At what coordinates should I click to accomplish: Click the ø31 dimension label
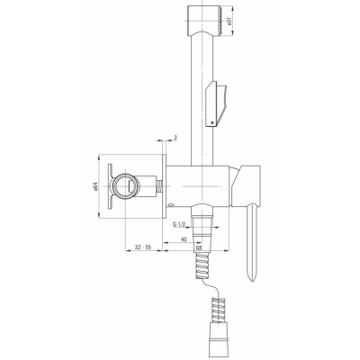coord(229,21)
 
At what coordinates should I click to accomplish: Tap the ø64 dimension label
coord(95,186)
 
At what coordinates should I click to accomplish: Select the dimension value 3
coord(175,138)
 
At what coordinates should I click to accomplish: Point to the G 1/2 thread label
coord(180,224)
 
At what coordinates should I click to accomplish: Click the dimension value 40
coord(184,239)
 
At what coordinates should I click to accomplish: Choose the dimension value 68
coord(198,247)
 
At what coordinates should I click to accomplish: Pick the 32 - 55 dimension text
coord(143,247)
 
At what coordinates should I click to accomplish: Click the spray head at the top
coord(204,21)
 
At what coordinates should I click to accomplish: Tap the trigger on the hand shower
coord(216,103)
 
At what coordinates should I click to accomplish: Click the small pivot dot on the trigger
coord(212,122)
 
